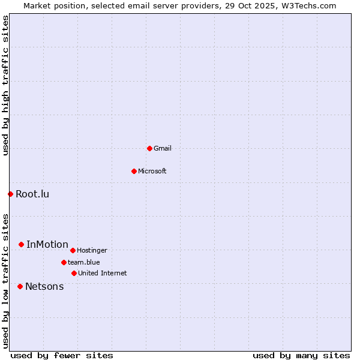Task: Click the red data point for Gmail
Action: coord(149,148)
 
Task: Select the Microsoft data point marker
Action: coord(134,171)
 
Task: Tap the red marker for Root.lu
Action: coord(10,194)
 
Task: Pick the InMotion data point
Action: coord(21,244)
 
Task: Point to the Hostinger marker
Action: coord(73,250)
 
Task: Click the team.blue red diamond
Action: coord(64,262)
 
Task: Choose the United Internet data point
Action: coord(74,273)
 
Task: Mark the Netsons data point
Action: coord(20,286)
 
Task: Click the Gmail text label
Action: coord(163,148)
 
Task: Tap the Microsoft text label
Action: coord(152,171)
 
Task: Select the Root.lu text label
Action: coord(32,194)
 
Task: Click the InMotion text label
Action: coord(47,244)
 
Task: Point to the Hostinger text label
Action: coord(92,250)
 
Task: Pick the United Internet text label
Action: coord(103,273)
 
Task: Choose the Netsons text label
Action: coord(44,286)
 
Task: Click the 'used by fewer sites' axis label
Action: coord(62,355)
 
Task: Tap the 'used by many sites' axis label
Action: coord(301,355)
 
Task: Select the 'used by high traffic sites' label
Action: coord(5,85)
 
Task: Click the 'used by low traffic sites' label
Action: coord(5,280)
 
